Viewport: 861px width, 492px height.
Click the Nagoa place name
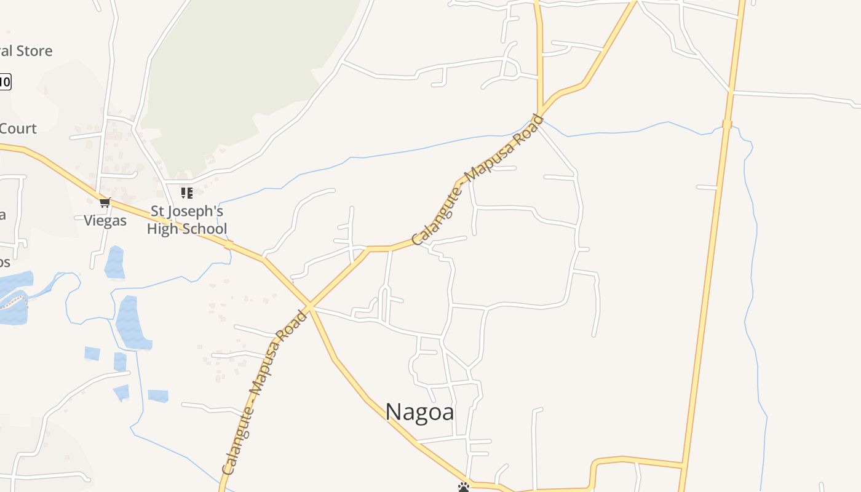click(x=419, y=411)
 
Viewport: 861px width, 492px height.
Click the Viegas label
click(x=105, y=221)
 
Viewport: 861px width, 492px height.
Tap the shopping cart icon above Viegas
click(x=105, y=202)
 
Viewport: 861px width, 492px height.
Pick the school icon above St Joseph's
click(x=186, y=193)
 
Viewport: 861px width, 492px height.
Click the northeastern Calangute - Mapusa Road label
click(x=478, y=180)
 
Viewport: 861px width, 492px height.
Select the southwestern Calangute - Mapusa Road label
click(x=264, y=393)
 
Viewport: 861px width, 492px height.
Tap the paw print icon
click(x=464, y=487)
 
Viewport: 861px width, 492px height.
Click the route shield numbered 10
click(x=5, y=81)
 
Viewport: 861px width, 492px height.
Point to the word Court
click(x=18, y=129)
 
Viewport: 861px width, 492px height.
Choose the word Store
click(x=34, y=51)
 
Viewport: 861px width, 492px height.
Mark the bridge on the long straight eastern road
click(x=727, y=124)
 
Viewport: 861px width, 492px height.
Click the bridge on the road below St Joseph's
click(x=228, y=245)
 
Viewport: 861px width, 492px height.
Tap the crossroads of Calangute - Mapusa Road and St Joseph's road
click(x=309, y=306)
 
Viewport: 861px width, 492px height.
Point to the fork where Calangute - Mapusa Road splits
click(x=541, y=113)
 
